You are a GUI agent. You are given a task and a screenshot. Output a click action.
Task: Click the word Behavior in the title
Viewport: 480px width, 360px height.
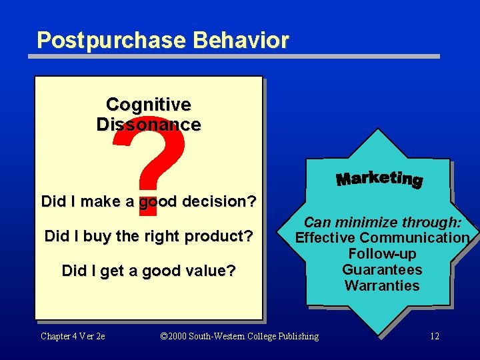pyautogui.click(x=241, y=40)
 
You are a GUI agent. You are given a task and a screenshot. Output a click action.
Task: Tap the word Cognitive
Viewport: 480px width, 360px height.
pyautogui.click(x=148, y=105)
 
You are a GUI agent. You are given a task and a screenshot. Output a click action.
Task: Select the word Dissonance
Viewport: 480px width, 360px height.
pyautogui.click(x=148, y=125)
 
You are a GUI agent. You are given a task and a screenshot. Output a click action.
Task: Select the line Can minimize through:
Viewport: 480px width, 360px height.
pyautogui.click(x=382, y=223)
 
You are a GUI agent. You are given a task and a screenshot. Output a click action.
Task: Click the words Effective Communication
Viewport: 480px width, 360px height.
pyautogui.click(x=382, y=238)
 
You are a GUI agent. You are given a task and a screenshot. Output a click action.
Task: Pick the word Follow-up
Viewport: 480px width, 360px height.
pyautogui.click(x=382, y=254)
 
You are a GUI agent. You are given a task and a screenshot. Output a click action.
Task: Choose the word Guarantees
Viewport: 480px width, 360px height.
pyautogui.click(x=382, y=270)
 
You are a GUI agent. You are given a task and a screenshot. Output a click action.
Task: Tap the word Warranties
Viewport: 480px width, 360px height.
pyautogui.click(x=382, y=286)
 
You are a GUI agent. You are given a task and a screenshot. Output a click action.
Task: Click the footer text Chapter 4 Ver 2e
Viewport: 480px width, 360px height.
pyautogui.click(x=73, y=336)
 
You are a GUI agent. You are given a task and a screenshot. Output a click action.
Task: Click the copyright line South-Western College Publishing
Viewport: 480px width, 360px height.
pyautogui.click(x=240, y=336)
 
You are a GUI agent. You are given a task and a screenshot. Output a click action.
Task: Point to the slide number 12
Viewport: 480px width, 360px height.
pyautogui.click(x=434, y=336)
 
